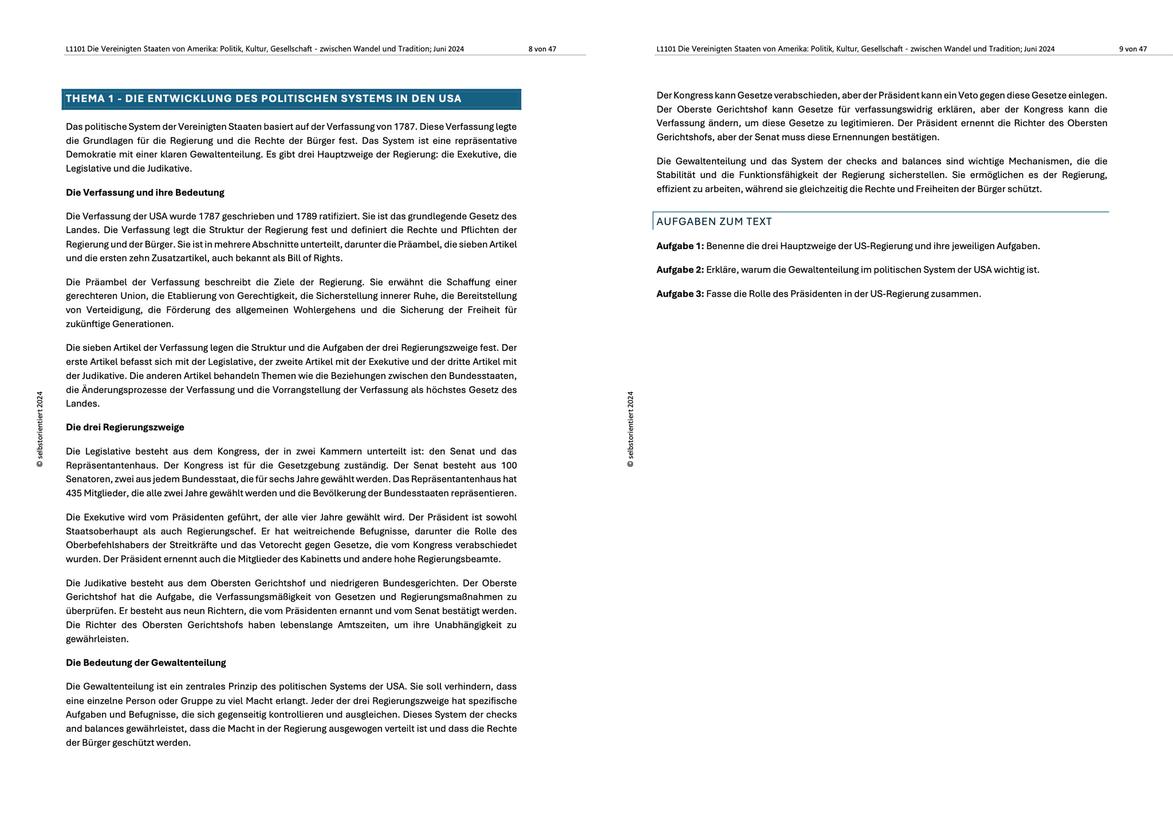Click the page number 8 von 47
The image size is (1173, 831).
coord(542,49)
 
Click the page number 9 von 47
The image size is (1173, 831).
coord(1132,49)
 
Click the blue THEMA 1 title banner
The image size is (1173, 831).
coord(291,99)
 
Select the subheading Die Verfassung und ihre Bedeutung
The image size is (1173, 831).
coord(145,192)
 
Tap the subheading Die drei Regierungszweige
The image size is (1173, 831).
coord(125,427)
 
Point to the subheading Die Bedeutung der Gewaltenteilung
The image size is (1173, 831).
coord(145,663)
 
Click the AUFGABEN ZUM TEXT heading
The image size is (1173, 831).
coord(714,222)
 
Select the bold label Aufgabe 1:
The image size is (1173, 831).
coord(680,246)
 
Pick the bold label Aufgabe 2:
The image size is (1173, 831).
coord(680,270)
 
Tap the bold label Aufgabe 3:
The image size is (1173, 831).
coord(680,294)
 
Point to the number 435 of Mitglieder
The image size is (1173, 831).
coord(74,493)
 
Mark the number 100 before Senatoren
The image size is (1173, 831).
coord(508,465)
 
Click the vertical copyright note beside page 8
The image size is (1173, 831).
coord(40,429)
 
